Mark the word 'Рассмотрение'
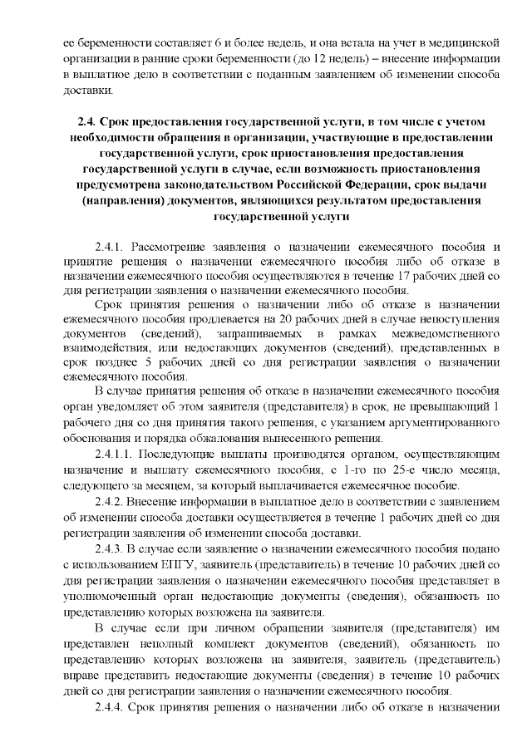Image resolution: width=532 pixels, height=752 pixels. click(170, 247)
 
